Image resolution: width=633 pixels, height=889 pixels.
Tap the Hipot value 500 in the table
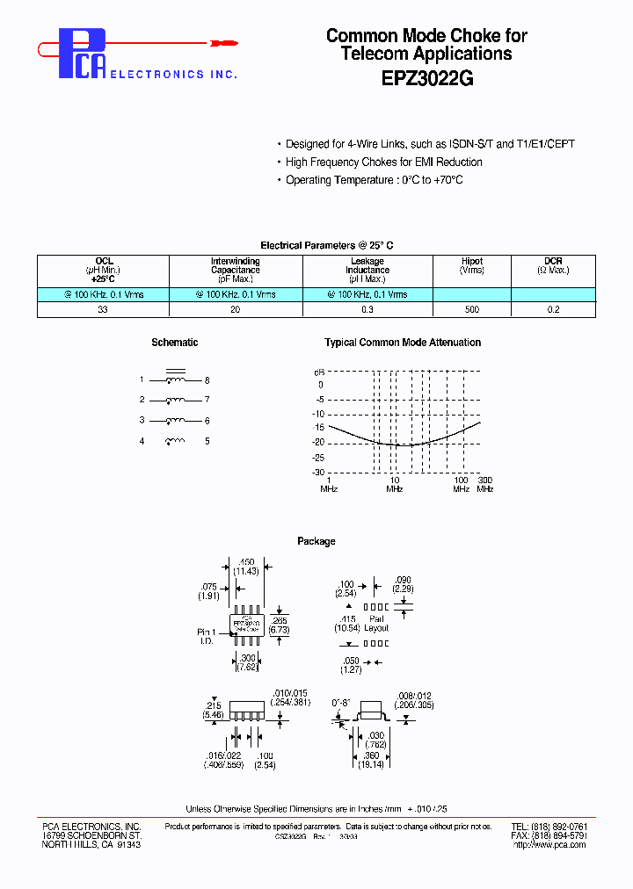point(471,309)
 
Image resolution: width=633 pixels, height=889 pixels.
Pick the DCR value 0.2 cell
point(553,309)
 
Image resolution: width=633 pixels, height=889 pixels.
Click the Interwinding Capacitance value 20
point(235,309)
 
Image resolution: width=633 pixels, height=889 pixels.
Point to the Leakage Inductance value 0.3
point(367,309)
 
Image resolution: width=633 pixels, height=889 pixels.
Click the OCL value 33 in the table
point(103,309)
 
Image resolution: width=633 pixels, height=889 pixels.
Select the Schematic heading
point(174,343)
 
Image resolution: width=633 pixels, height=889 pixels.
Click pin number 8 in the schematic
point(207,380)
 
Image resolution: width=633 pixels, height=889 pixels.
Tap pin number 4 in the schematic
point(142,441)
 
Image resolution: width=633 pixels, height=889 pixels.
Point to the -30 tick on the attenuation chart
point(318,472)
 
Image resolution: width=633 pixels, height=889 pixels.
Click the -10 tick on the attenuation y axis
point(318,414)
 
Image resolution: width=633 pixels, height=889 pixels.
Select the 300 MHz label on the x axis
point(484,484)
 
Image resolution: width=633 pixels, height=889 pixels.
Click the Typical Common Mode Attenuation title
point(403,343)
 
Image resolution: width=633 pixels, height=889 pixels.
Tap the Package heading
point(316,541)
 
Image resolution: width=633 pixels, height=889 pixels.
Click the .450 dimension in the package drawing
point(248,561)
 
